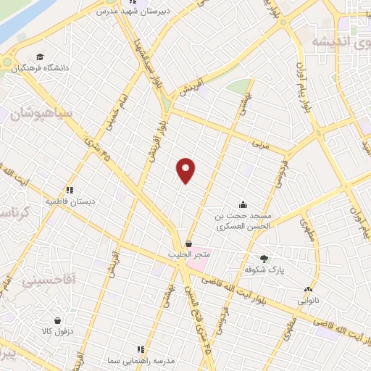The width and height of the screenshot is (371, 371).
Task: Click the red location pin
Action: (187, 170)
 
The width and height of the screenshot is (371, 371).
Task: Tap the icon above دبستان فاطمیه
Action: (70, 190)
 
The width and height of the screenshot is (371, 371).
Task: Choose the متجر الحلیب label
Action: (189, 255)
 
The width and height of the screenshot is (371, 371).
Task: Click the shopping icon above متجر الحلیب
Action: (189, 243)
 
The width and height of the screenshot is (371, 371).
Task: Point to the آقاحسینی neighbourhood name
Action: (49, 279)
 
